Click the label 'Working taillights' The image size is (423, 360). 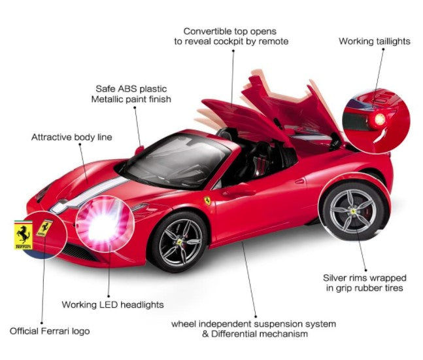(374, 41)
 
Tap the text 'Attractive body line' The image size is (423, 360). (72, 137)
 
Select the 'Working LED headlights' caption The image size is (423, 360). (112, 304)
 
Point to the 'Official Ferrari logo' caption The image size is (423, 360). (50, 331)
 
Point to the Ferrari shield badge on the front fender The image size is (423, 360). (207, 200)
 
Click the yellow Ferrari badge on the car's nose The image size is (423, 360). (44, 228)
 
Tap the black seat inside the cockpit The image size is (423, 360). (262, 157)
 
